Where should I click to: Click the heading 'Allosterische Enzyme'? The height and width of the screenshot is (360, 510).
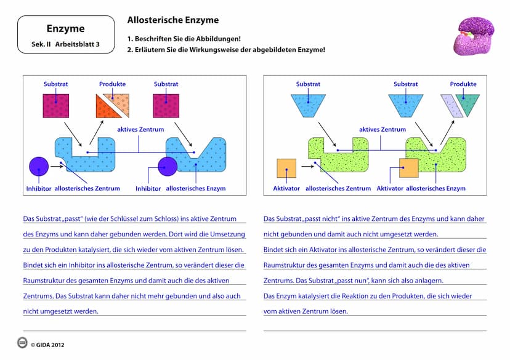[172, 20]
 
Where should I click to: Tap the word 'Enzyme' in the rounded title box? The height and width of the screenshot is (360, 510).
[65, 28]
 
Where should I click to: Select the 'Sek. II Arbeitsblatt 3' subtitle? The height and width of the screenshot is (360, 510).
[65, 44]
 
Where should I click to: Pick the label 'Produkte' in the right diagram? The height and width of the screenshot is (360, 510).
[463, 84]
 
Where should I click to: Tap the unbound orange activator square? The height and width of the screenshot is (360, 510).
[286, 168]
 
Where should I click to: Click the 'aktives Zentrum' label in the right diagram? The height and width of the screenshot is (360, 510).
[382, 130]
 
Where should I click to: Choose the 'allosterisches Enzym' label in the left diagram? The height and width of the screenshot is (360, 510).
[196, 188]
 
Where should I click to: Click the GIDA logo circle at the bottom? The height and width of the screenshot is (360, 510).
[22, 343]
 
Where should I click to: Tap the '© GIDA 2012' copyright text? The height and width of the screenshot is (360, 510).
[47, 345]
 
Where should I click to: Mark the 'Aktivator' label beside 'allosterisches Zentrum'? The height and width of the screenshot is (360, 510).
[286, 188]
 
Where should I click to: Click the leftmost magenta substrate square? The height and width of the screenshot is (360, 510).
[56, 106]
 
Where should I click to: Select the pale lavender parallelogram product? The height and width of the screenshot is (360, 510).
[450, 105]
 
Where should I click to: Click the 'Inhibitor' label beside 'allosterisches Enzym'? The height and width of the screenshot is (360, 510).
[148, 188]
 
